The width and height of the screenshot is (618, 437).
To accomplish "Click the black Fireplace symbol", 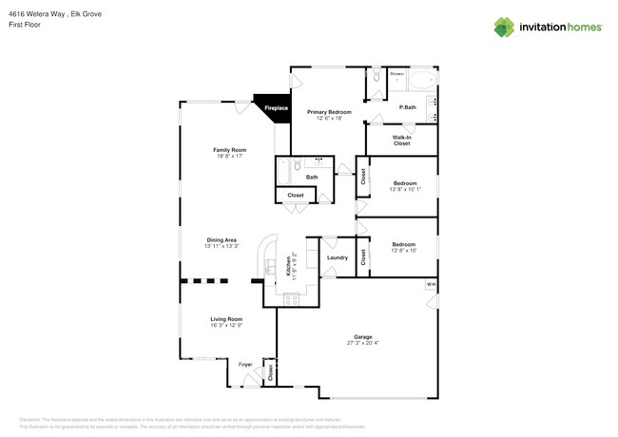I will point(273,107).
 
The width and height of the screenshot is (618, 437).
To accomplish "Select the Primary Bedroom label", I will point(329,112).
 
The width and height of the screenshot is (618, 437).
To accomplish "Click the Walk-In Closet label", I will point(401,141).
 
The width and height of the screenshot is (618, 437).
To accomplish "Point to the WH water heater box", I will point(431,284).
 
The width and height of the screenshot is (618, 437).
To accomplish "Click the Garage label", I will point(362,336).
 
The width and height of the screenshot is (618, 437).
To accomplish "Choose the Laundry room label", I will point(337,257).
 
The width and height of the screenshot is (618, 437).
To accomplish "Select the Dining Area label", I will point(222,240).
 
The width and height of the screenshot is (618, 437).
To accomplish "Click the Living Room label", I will point(226,319).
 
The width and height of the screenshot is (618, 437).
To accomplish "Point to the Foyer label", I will point(244,364).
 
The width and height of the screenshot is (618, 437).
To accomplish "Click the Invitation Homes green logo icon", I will point(504,28).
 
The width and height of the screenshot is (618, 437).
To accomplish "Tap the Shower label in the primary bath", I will point(396,74).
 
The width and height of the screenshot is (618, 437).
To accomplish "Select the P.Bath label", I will point(407,107).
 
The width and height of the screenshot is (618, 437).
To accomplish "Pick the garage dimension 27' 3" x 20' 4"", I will point(362,343).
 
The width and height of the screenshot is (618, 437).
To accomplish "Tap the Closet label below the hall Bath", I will point(296,195).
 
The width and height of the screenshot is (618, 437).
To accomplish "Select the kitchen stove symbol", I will point(291,300).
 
